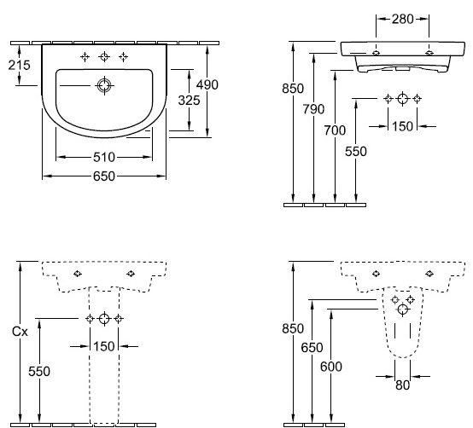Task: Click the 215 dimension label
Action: point(20,65)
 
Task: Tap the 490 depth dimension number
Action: point(207,85)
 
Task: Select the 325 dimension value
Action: point(190,101)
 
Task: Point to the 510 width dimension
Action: point(104,157)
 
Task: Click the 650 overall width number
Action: point(104,176)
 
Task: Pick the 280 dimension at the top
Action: point(403,20)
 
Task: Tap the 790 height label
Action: point(313,109)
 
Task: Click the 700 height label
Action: point(335,130)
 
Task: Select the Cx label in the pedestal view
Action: point(20,332)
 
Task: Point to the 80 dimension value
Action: point(403,385)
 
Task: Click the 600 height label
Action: point(331,367)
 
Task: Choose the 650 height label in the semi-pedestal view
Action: point(312,348)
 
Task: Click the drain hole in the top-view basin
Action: point(104,85)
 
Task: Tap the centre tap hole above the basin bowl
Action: point(104,56)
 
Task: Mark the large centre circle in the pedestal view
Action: point(104,318)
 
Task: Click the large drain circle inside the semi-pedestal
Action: point(403,309)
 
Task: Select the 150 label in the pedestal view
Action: point(104,347)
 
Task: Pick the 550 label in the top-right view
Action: point(356,152)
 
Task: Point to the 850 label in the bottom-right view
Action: point(293,328)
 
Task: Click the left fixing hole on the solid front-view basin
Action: point(377,53)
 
